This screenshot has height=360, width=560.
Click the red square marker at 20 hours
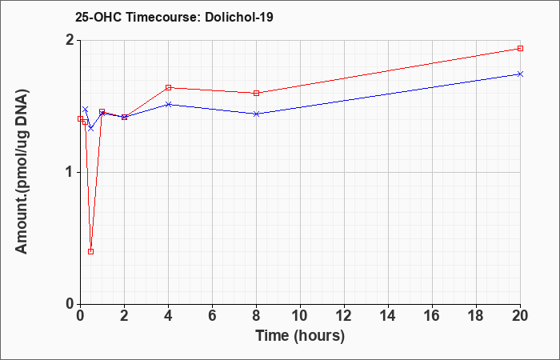[x=520, y=49]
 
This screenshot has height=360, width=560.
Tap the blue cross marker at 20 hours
[x=520, y=74]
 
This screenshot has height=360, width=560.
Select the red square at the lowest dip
[x=90, y=251]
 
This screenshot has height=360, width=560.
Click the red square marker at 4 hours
[x=169, y=87]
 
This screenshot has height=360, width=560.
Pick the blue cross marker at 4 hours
[x=169, y=104]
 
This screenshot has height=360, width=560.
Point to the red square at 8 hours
[x=257, y=94]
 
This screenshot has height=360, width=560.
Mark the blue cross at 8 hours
[x=257, y=114]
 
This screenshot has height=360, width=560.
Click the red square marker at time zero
[x=80, y=119]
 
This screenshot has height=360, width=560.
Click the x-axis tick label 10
[x=300, y=316]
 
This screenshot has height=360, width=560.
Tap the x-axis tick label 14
[x=388, y=316]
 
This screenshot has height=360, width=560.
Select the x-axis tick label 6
[x=213, y=316]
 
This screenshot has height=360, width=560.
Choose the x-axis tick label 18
[x=477, y=316]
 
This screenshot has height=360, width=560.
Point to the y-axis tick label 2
[x=70, y=40]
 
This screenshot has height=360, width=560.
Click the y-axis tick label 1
[x=70, y=173]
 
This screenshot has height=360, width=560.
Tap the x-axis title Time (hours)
[x=300, y=337]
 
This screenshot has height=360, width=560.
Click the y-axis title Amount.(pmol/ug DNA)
[x=22, y=173]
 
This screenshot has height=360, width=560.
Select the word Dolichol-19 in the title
[x=239, y=17]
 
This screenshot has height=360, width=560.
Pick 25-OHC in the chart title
[x=98, y=17]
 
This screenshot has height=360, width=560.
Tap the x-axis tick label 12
[x=344, y=316]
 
